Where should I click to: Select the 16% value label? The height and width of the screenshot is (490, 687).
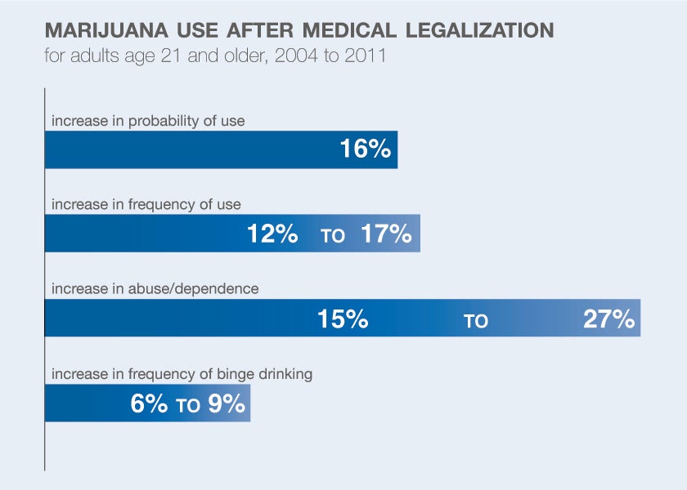(x=365, y=150)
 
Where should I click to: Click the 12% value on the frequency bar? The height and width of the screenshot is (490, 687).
(x=272, y=234)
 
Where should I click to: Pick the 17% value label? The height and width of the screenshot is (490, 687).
(x=385, y=234)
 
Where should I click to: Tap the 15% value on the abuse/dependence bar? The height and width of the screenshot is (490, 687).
(x=343, y=319)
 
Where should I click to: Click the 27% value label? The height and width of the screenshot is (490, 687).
(x=609, y=319)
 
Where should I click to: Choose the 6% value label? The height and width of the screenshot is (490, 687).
(x=150, y=403)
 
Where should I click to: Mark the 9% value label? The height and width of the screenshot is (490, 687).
(x=226, y=403)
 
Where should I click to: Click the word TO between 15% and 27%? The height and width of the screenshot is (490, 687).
(x=476, y=321)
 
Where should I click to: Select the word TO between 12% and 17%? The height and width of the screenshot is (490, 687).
(x=333, y=237)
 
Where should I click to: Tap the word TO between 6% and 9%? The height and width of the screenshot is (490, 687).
(x=188, y=406)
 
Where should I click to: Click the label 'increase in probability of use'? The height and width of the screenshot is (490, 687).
(x=148, y=121)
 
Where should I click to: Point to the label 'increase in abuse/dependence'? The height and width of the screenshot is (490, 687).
(x=155, y=289)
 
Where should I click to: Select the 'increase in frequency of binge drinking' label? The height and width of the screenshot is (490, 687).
(x=182, y=375)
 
